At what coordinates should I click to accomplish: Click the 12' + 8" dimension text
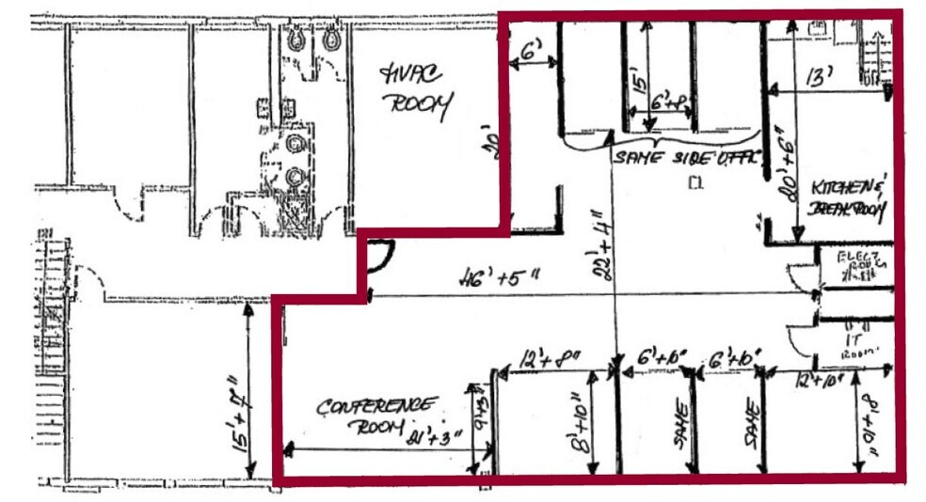(x=551, y=358)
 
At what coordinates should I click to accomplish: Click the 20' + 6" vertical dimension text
(x=781, y=172)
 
